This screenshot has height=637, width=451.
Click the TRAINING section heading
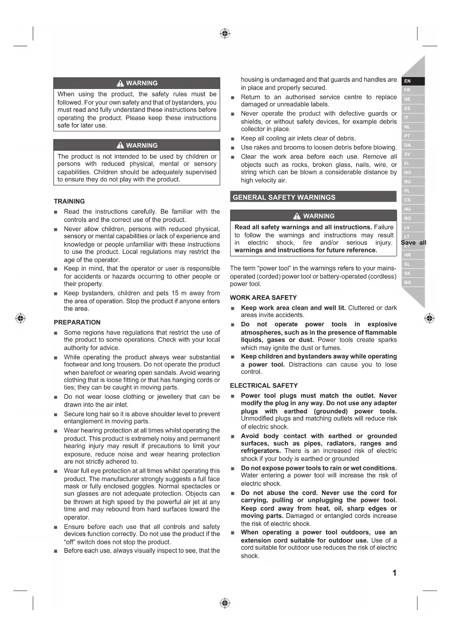click(69, 201)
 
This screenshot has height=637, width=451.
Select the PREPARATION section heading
click(77, 322)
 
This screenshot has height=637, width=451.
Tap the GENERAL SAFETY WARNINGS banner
click(284, 197)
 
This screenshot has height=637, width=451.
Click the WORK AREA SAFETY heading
click(263, 297)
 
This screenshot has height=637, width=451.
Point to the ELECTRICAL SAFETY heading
click(263, 385)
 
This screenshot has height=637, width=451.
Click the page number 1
click(394, 573)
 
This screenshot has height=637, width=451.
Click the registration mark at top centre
click(225, 34)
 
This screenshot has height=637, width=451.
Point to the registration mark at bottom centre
click(225, 603)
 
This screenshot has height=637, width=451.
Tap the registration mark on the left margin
click(20, 318)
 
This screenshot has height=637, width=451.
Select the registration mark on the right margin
click(430, 318)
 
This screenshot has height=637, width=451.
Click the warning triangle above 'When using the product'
click(120, 83)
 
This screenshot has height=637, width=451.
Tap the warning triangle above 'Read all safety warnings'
click(297, 216)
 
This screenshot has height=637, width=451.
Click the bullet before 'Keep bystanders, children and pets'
click(56, 294)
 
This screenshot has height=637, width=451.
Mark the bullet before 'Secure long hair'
click(56, 414)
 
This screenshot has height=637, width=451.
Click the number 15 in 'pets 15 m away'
click(175, 293)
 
